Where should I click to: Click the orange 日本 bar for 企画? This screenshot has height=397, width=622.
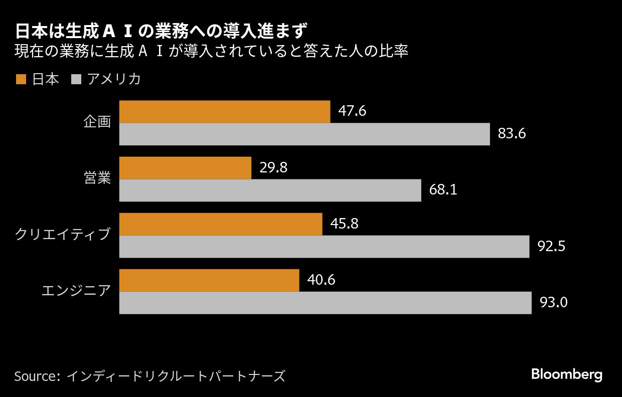224,112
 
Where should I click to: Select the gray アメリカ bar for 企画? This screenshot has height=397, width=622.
304,134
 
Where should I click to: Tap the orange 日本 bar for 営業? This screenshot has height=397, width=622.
185,168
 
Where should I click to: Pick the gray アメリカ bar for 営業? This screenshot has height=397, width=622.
270,190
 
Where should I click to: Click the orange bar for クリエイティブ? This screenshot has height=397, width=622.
220,224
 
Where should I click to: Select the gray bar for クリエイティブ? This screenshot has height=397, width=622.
324,247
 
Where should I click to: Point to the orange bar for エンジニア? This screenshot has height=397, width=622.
209,280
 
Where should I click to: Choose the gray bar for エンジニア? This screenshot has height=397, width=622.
325,303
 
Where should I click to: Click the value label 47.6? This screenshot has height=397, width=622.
352,111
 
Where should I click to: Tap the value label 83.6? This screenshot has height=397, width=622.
512,134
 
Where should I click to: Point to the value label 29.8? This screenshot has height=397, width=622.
273,167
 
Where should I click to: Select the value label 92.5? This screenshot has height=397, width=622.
551,247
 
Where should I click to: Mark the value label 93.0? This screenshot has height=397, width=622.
553,303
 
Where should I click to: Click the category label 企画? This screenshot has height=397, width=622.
97,122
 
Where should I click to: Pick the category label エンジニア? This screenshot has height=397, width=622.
76,290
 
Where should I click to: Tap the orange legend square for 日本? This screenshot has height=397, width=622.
21,79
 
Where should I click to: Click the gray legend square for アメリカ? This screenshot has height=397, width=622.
76,79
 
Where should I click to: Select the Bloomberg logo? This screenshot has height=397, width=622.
566,374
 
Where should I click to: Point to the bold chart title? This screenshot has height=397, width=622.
160,31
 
